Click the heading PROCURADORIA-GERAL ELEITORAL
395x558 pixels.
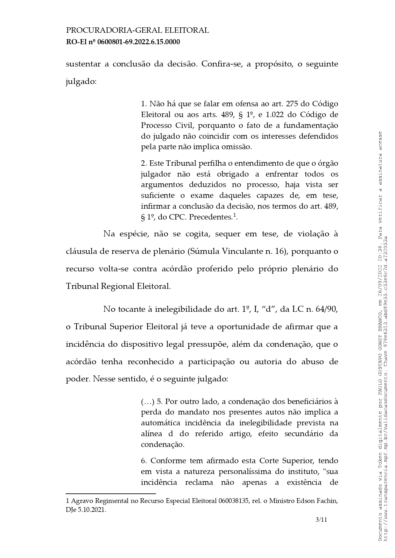coord(137,31)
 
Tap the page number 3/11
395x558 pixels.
coord(321,520)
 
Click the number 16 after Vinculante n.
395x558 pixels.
coord(280,251)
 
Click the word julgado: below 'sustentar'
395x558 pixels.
coord(81,82)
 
